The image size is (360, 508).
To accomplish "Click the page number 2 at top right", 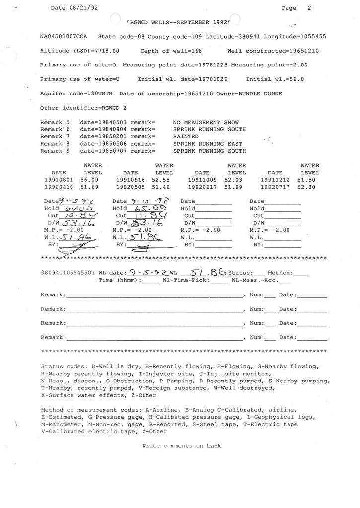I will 309,8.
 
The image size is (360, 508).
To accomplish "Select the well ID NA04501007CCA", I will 65,37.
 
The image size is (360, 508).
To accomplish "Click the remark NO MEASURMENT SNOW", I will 206,122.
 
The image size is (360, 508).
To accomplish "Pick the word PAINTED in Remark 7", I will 185,136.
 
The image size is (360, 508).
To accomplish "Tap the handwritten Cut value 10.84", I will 77,217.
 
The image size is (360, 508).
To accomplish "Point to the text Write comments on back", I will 182,446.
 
